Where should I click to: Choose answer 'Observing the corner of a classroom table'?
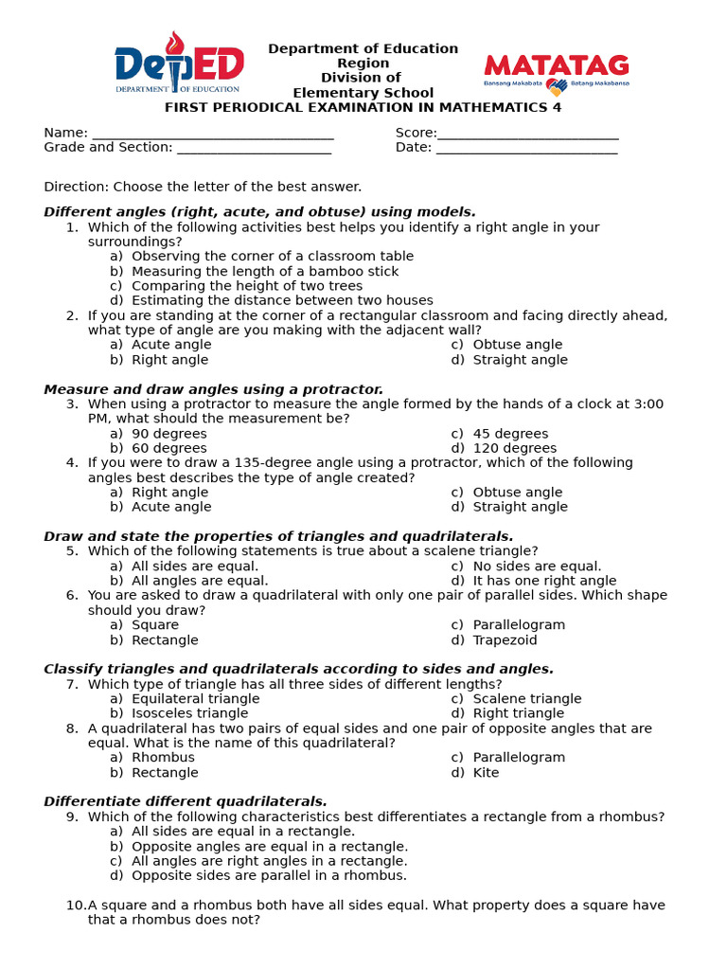pos(272,256)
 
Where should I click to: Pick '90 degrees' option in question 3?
pos(168,434)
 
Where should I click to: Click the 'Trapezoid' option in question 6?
pos(505,639)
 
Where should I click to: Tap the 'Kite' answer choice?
pos(486,772)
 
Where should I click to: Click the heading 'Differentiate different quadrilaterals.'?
pos(186,801)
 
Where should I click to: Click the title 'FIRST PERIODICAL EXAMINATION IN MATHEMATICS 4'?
pos(363,107)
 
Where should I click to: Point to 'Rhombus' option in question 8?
pos(163,757)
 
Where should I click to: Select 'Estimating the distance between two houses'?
pos(282,300)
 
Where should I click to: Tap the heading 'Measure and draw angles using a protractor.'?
pos(213,389)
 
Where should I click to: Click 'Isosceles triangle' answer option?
pos(189,713)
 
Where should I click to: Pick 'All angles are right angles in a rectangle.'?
pos(269,861)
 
